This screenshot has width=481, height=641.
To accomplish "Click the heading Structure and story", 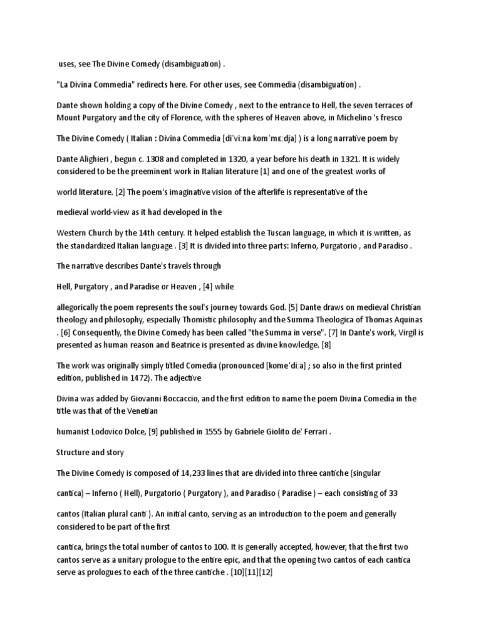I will pos(90,452).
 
